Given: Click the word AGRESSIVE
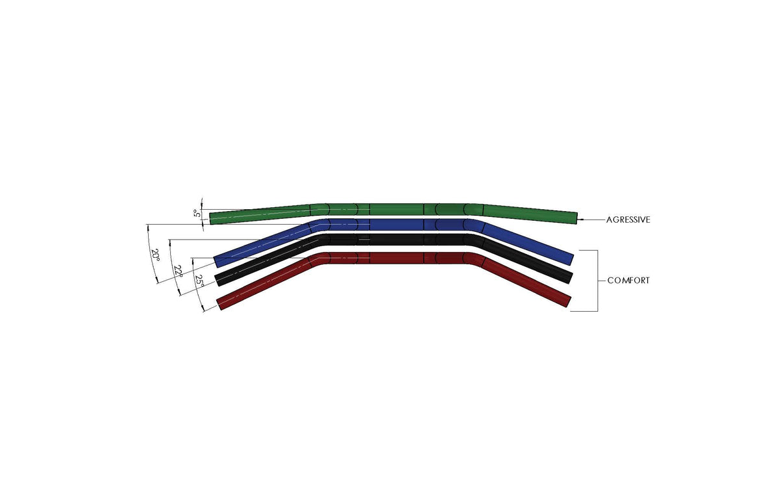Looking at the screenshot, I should point(628,220).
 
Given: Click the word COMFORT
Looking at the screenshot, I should point(628,281).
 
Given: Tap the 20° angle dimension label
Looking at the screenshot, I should point(155,254).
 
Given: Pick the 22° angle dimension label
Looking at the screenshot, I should point(178,270).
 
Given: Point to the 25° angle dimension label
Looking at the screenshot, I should point(199,281).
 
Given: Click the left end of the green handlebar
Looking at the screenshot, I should point(212,218).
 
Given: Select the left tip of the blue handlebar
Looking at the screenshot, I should point(217,261).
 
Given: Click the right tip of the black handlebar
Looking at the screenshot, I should point(569,277).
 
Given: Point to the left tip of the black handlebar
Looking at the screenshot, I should point(218,279).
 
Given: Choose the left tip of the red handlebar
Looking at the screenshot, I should point(220,303).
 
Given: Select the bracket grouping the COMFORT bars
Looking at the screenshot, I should point(597,281).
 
